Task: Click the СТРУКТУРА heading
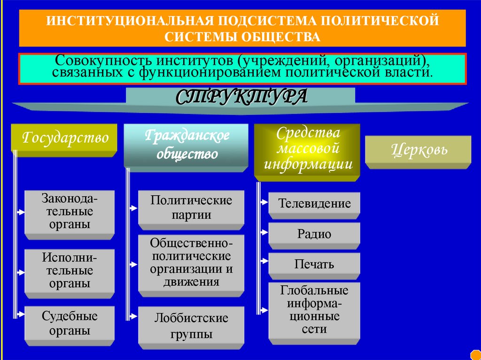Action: pyautogui.click(x=241, y=97)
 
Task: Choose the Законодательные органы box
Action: pyautogui.click(x=70, y=211)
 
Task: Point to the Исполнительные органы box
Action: pyautogui.click(x=70, y=270)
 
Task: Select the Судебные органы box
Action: pyautogui.click(x=70, y=323)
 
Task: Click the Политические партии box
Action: pyautogui.click(x=191, y=207)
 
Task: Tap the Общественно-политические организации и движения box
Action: pyautogui.click(x=191, y=262)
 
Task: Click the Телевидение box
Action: pyautogui.click(x=314, y=204)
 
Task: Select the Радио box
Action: pyautogui.click(x=314, y=234)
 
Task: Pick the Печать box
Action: pyautogui.click(x=314, y=264)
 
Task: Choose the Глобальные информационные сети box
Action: pyautogui.click(x=314, y=309)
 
